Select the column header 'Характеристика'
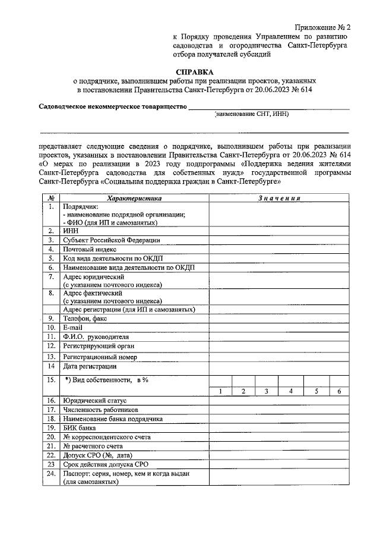[x=134, y=197]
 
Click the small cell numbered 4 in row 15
[x=291, y=391]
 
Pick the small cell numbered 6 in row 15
[x=339, y=391]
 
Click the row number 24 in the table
[x=52, y=473]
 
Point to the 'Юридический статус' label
[x=94, y=401]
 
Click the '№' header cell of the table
[x=52, y=197]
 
